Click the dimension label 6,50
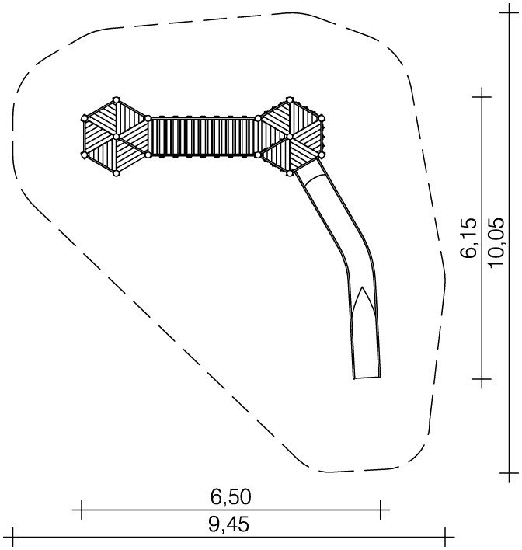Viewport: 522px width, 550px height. (x=231, y=497)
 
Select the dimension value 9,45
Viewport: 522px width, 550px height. (x=228, y=525)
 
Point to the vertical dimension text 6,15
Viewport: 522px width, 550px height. (x=469, y=238)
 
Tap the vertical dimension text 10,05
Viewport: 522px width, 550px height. (x=496, y=242)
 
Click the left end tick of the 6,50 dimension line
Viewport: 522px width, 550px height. (x=82, y=510)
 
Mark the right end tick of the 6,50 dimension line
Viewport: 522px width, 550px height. (x=381, y=510)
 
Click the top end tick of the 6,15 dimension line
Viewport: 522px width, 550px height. (x=482, y=97)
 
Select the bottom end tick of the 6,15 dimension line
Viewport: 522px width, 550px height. (x=482, y=379)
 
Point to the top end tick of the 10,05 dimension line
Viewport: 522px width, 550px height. (x=510, y=12)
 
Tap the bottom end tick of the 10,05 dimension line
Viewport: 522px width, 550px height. (x=510, y=473)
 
